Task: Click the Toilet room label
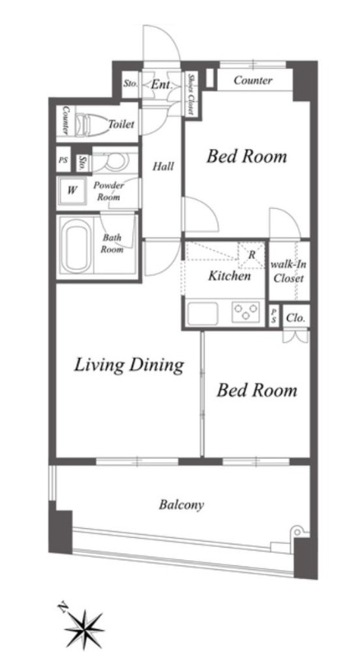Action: [122, 124]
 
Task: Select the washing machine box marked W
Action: [72, 191]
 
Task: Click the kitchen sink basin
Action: [203, 313]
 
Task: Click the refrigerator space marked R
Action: [252, 255]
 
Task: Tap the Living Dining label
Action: [129, 365]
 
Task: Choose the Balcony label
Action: [182, 504]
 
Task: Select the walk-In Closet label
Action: [288, 271]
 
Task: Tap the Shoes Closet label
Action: [191, 94]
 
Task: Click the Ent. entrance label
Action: [162, 85]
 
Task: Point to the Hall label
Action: [163, 167]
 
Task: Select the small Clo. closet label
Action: [296, 317]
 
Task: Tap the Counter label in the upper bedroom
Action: [253, 80]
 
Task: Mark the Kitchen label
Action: [229, 276]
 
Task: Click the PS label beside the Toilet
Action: [63, 160]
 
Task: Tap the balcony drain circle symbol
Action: [297, 532]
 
